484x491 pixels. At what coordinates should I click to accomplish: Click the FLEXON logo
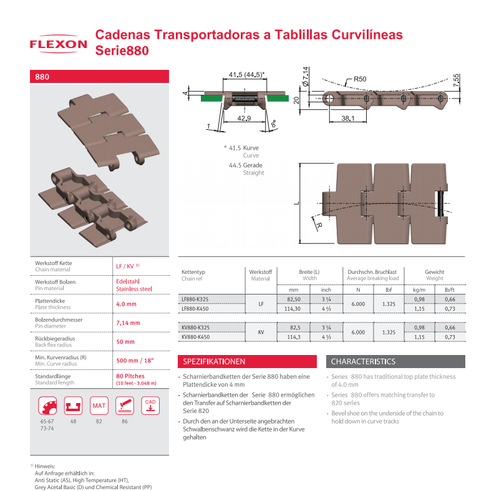58,44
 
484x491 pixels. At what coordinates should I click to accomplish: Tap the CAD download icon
150,406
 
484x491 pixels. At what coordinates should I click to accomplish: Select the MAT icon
99,406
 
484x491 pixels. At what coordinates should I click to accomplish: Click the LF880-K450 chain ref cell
195,309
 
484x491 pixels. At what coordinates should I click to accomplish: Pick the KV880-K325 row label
196,328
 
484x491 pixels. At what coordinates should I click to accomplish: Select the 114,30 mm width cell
293,309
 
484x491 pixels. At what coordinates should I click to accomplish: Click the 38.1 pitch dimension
348,119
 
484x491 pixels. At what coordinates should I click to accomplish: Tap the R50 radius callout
360,79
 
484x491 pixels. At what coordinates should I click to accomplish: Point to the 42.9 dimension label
244,119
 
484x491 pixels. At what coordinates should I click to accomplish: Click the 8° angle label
274,124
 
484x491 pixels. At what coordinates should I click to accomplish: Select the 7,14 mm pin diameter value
128,323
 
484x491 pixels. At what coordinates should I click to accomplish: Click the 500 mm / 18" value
135,361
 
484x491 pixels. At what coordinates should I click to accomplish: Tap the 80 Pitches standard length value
130,376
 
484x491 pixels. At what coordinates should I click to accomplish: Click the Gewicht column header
435,272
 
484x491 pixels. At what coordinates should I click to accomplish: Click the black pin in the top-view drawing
441,203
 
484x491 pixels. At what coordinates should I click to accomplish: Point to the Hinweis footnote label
44,466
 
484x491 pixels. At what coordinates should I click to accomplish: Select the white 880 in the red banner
42,77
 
